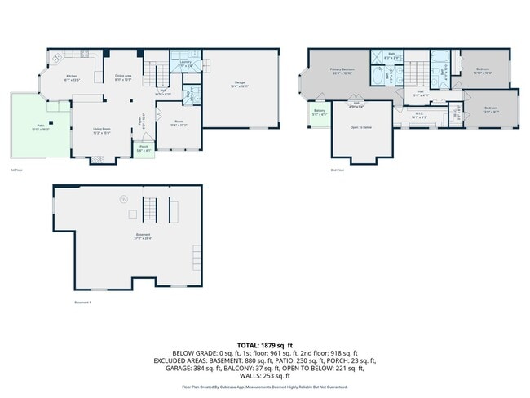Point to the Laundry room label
click(184, 62)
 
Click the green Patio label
click(40, 127)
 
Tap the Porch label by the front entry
click(144, 148)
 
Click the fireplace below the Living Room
click(99, 161)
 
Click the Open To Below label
click(361, 127)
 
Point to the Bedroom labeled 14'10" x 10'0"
click(483, 80)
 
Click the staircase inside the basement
click(149, 210)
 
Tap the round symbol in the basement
click(124, 198)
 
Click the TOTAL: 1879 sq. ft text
click(265, 346)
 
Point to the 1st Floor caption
click(16, 170)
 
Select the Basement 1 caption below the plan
click(82, 303)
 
